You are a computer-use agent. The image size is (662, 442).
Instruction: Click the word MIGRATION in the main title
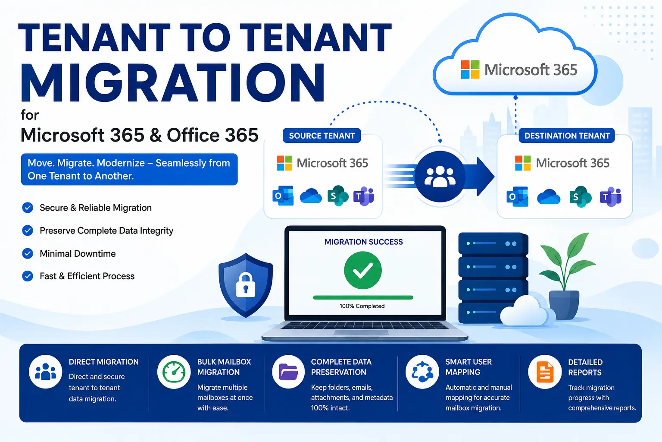tap(172, 82)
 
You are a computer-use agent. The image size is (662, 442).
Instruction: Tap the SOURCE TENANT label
tap(322, 136)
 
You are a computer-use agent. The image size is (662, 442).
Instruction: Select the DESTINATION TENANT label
tap(567, 136)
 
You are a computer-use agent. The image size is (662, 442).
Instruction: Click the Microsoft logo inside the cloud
tap(470, 69)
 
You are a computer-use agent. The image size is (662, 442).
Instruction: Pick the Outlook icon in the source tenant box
tap(283, 196)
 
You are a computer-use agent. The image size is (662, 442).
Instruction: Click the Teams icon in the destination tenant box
tap(611, 196)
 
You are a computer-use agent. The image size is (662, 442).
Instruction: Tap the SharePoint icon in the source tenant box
tap(338, 196)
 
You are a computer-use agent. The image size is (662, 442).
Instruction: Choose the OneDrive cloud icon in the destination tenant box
tap(549, 197)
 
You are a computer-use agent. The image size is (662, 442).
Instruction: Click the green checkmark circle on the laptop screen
tap(362, 270)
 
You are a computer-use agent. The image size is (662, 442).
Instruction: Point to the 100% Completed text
tap(362, 306)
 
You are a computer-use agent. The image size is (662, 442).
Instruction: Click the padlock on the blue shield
tap(246, 285)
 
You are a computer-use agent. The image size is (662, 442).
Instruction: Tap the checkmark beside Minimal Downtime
tap(28, 253)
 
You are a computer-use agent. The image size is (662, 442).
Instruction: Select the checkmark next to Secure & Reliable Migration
tap(28, 208)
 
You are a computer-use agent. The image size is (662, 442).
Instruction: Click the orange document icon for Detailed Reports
tap(545, 372)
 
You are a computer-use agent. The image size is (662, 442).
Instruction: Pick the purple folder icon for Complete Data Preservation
tap(288, 372)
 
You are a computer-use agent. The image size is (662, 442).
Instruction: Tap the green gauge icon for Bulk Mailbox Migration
tap(174, 372)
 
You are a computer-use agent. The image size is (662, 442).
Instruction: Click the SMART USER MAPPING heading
tap(468, 367)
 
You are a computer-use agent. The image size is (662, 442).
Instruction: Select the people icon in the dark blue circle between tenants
tap(440, 177)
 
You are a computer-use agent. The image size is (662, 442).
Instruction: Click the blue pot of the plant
tap(564, 305)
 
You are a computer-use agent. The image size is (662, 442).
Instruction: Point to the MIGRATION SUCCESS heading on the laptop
tap(363, 242)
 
